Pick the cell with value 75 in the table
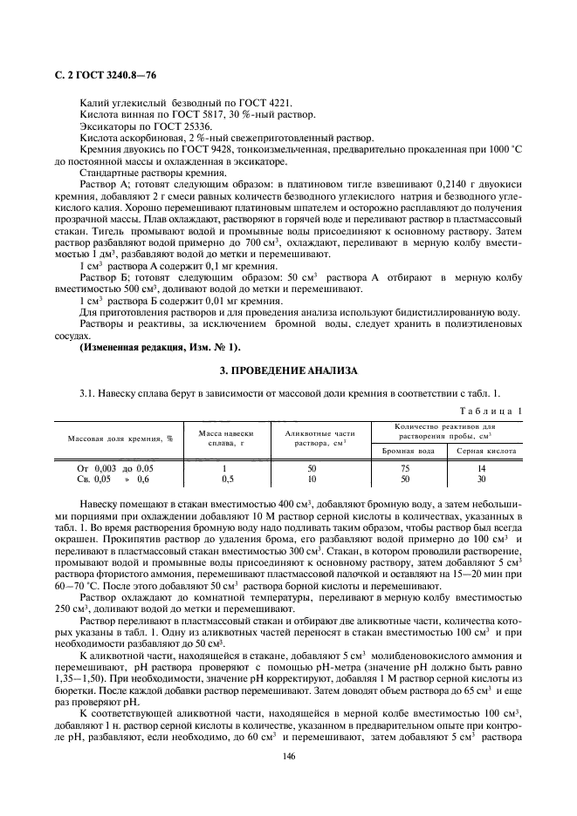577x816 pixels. coord(405,468)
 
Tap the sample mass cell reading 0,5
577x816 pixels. coord(227,479)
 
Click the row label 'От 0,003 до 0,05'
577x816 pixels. coord(113,468)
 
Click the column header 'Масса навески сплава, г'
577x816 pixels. coord(227,438)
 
